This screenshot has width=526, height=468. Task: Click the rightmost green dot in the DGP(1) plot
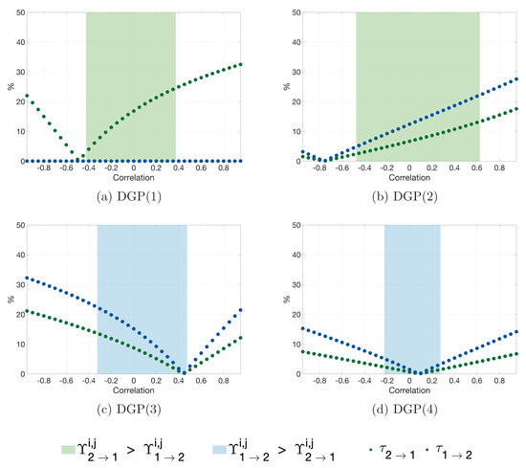(x=242, y=64)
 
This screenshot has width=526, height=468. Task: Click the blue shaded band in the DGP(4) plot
(x=412, y=287)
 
